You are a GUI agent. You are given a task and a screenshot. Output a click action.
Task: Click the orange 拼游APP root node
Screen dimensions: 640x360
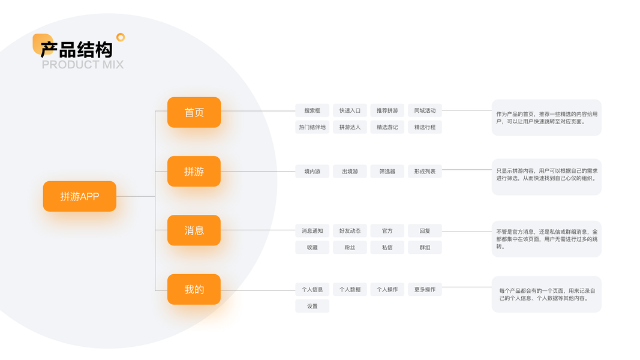pos(80,196)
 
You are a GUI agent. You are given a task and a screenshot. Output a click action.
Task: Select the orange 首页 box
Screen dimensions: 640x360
pos(194,112)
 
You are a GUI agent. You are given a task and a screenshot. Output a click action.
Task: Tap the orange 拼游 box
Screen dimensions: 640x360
pos(194,172)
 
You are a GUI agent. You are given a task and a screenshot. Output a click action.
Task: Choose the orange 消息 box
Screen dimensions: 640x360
pos(194,230)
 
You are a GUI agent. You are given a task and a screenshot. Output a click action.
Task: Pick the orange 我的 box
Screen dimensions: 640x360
pos(194,289)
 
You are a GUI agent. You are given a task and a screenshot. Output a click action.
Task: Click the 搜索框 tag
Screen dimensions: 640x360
pos(312,110)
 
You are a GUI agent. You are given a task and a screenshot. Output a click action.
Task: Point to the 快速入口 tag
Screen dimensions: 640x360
pos(350,110)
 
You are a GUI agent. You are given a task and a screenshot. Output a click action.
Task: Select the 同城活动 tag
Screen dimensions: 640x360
pos(425,110)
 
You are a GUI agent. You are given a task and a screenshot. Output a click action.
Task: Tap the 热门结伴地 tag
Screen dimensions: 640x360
pos(312,127)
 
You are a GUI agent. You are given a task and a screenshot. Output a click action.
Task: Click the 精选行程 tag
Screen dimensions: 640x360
pos(425,127)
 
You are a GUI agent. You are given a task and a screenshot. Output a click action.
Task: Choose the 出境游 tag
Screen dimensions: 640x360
pos(350,172)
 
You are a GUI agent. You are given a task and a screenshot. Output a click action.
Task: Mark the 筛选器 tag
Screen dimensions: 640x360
pos(387,172)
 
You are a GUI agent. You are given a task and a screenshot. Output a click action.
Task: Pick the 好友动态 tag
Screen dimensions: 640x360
pos(350,230)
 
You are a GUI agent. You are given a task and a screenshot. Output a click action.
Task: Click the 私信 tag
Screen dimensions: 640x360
pos(387,247)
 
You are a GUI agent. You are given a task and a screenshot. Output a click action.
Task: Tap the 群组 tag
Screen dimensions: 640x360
pos(425,247)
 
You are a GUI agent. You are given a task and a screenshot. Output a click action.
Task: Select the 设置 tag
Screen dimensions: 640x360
pos(312,306)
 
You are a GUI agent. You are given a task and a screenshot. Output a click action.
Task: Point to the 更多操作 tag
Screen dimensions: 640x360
pos(425,289)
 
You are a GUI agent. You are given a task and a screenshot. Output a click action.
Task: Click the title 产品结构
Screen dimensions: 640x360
pos(76,48)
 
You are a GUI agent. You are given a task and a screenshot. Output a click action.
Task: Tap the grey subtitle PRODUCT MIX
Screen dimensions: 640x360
pos(83,65)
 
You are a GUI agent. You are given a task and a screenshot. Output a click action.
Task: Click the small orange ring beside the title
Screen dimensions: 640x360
pos(121,37)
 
